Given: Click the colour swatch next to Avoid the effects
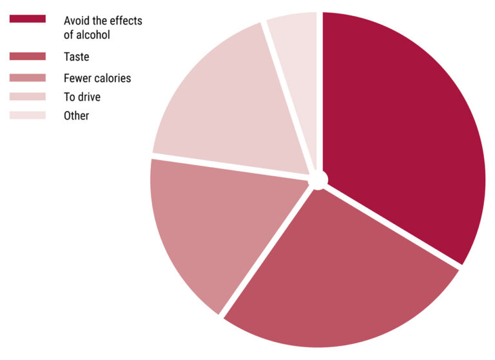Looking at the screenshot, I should tap(27, 19).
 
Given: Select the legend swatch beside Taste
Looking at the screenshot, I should tap(27, 56).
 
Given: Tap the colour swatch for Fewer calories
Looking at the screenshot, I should tap(27, 78).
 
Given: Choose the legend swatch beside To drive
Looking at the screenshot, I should tap(27, 97).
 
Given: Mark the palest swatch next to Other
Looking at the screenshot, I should tap(27, 115).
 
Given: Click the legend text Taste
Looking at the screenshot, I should tap(76, 57).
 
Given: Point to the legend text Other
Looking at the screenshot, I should tap(76, 116).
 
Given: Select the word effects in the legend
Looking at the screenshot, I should tap(127, 21).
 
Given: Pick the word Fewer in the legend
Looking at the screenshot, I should tap(77, 78).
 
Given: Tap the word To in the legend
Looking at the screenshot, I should tap(69, 97).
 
